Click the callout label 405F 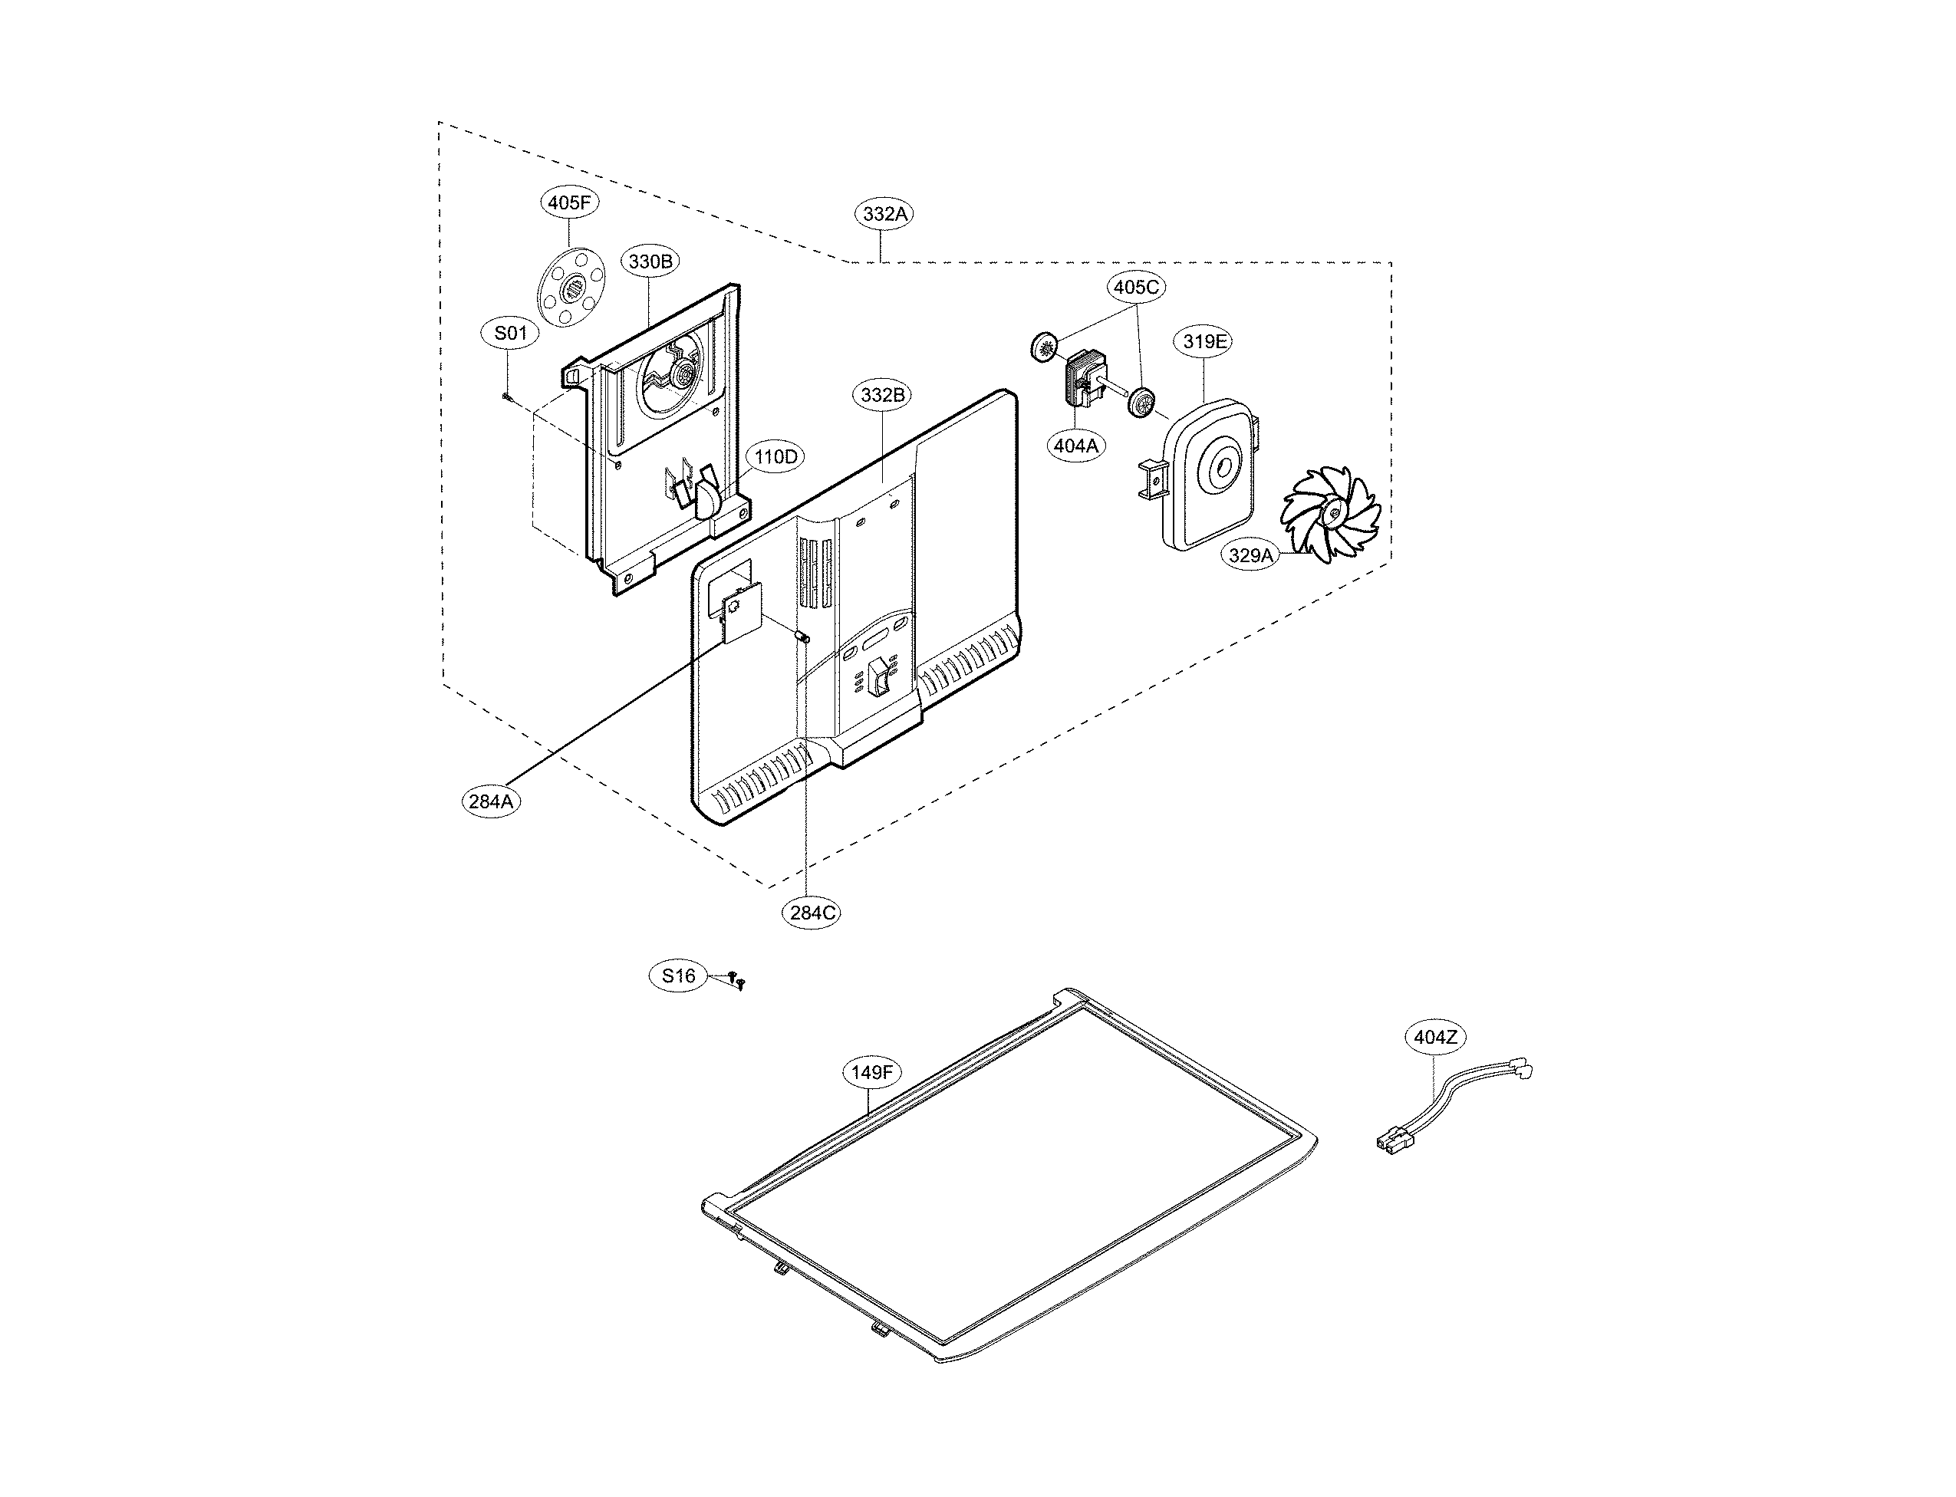coord(568,203)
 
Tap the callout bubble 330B coord(650,261)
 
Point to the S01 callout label coord(510,334)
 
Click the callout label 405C coord(1136,287)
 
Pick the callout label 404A coord(1075,446)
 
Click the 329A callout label coord(1251,555)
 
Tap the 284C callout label coord(812,913)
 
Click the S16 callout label coord(678,976)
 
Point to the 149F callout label coord(871,1072)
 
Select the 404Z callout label coord(1434,1037)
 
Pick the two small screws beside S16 coord(737,980)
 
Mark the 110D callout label coord(775,457)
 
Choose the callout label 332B coord(882,395)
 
